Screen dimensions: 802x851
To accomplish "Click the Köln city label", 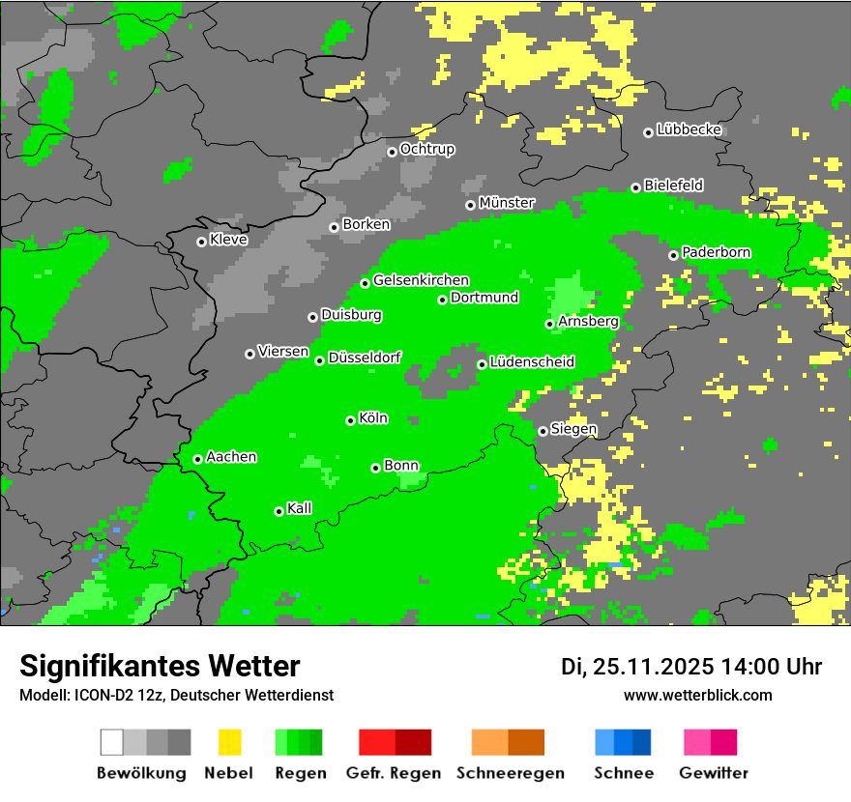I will click(x=373, y=418).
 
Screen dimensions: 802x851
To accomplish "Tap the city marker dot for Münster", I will click(x=470, y=205).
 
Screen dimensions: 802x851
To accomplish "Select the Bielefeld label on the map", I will click(x=673, y=185).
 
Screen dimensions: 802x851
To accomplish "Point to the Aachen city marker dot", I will click(x=197, y=459).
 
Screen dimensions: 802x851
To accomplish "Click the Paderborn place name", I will click(x=716, y=252).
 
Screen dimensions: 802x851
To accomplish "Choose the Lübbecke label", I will click(x=689, y=129).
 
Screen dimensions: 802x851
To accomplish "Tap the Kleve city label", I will click(x=228, y=240).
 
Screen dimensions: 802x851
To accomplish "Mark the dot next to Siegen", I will click(x=543, y=431).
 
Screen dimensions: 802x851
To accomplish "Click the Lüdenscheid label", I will click(x=532, y=362).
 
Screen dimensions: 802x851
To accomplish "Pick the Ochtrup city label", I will click(x=426, y=150).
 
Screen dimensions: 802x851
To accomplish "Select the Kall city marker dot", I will click(x=279, y=511).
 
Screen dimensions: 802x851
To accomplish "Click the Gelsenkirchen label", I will click(x=421, y=280).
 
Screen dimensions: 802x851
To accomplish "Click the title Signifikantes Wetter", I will click(x=160, y=666).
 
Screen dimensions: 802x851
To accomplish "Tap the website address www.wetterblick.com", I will click(x=697, y=695).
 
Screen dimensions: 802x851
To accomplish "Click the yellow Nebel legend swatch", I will click(x=229, y=742).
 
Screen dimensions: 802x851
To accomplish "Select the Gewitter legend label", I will click(x=713, y=773).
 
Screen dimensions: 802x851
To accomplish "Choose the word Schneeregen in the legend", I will click(x=510, y=773).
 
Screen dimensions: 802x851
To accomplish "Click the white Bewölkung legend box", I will click(x=112, y=742).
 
